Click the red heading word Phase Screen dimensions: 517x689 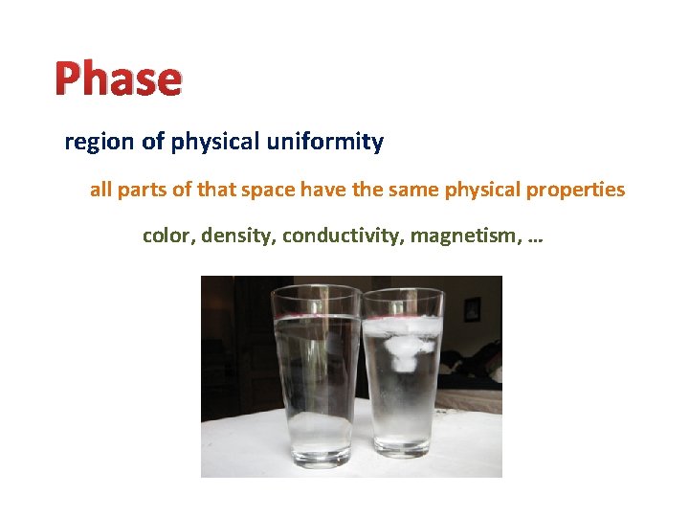pyautogui.click(x=117, y=79)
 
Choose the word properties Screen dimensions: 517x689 pyautogui.click(x=575, y=190)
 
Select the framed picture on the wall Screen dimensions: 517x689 pyautogui.click(x=472, y=309)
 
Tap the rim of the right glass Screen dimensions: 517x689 pyautogui.click(x=403, y=291)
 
